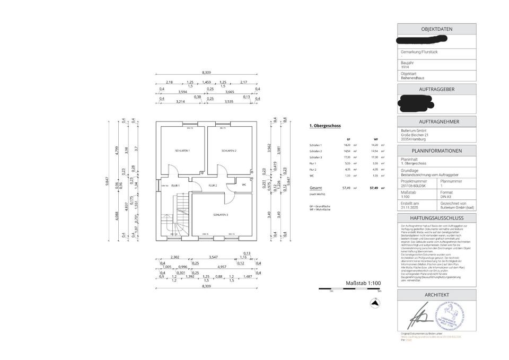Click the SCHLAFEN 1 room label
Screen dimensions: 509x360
(x=182, y=151)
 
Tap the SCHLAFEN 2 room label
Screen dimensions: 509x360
(x=229, y=151)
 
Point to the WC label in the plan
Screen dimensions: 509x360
(x=243, y=185)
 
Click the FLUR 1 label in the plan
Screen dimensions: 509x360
(x=175, y=186)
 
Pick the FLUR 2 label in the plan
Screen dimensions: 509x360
(x=213, y=186)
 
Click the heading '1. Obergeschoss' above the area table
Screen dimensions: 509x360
(x=324, y=126)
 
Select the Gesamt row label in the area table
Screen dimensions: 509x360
(x=315, y=188)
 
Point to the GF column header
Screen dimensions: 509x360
(x=348, y=139)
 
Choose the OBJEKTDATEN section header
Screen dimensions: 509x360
(x=436, y=29)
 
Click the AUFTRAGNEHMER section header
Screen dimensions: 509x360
(x=436, y=121)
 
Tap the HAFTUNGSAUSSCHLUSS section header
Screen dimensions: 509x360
(x=436, y=218)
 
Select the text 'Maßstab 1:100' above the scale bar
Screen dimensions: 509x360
(x=363, y=283)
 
